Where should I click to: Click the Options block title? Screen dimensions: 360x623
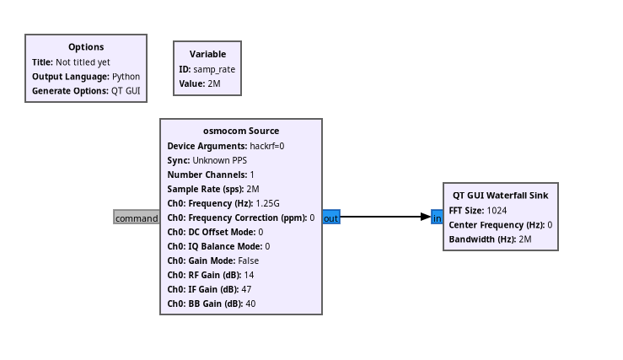point(86,47)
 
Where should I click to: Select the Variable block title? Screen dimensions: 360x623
point(207,54)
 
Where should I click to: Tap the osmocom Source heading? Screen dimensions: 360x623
point(241,131)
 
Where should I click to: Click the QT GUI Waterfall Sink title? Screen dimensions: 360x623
point(500,195)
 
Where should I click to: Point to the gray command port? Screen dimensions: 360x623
point(137,218)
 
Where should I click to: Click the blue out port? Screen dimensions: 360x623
point(331,218)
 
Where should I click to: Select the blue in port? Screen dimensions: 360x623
point(437,218)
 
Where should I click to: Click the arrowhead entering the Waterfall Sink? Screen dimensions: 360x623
point(426,217)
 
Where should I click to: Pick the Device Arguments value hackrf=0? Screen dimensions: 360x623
point(267,146)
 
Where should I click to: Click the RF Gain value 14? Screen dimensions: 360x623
point(249,275)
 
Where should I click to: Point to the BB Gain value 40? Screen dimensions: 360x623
point(250,304)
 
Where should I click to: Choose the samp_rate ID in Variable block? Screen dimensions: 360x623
point(214,69)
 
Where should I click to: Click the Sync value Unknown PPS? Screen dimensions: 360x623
point(222,160)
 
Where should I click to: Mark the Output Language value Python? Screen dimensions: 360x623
point(126,76)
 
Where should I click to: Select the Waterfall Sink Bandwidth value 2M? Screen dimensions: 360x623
point(525,239)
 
